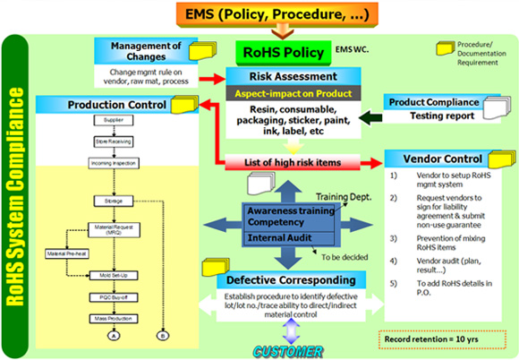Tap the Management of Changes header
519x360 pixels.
pyautogui.click(x=144, y=52)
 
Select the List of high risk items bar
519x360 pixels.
pyautogui.click(x=282, y=162)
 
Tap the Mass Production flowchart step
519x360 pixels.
pyautogui.click(x=114, y=317)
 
